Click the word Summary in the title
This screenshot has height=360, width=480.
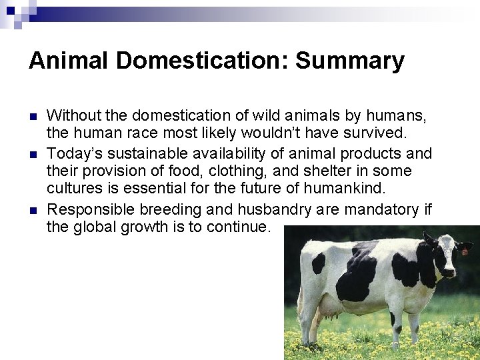(349, 61)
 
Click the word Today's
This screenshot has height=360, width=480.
(75, 153)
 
